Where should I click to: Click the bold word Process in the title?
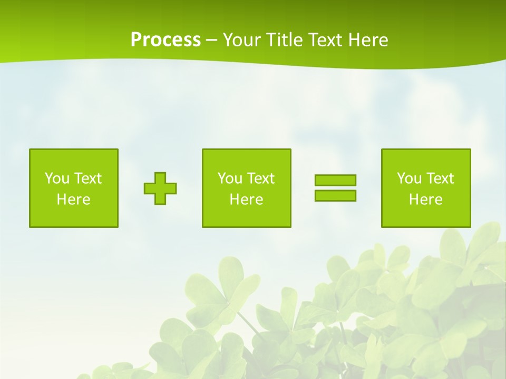(166, 40)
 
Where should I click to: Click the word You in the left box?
(57, 178)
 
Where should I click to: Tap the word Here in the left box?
(73, 200)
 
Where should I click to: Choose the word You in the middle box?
(230, 178)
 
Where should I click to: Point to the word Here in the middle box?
(246, 200)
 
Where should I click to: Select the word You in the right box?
(409, 178)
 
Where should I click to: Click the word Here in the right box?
(425, 200)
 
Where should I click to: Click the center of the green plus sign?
(160, 188)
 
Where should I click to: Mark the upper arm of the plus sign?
(160, 177)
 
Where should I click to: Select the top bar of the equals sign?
(335, 180)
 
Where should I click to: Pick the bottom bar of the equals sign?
(335, 195)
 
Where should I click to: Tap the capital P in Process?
(136, 40)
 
